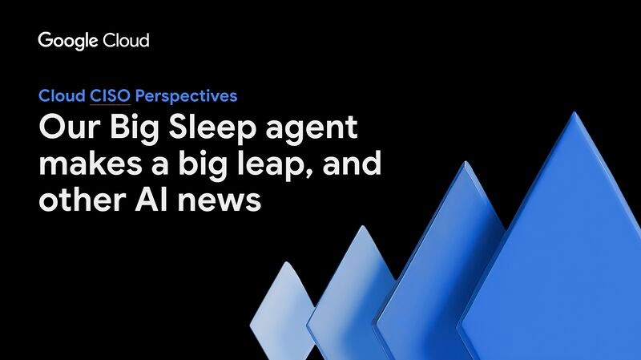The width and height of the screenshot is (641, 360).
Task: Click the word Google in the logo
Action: [x=68, y=42]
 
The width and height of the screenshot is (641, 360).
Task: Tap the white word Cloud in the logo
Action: [x=126, y=41]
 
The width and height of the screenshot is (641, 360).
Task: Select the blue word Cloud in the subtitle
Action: [x=62, y=95]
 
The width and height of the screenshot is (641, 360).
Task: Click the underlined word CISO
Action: [x=110, y=96]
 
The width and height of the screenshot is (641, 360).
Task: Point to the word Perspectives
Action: [x=186, y=96]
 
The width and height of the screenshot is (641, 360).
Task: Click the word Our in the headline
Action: [x=70, y=127]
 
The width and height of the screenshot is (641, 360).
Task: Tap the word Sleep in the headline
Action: [x=212, y=130]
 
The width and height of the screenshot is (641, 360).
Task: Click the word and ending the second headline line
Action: [x=352, y=164]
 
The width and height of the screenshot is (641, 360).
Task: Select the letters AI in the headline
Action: [x=151, y=200]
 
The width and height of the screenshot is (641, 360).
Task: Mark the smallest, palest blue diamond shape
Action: [x=283, y=311]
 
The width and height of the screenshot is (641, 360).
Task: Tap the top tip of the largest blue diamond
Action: [x=574, y=111]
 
